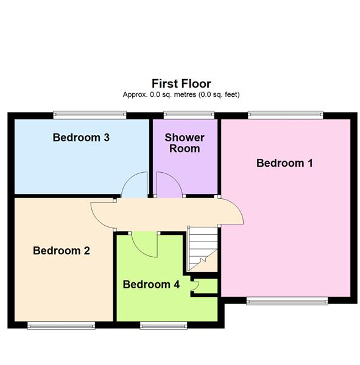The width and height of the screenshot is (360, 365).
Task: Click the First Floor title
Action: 181,84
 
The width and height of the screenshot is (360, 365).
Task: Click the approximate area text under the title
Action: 181,95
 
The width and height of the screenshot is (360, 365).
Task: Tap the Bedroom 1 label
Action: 284,163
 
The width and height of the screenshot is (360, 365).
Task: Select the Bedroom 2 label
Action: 62,251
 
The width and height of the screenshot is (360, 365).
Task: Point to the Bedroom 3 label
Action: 81,137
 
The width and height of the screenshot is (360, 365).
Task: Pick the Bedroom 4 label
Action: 151,284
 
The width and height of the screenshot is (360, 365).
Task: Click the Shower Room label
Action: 185,143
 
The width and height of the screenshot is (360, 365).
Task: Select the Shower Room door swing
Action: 168,185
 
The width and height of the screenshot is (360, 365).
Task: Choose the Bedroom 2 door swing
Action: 102,213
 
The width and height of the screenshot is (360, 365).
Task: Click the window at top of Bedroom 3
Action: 90,114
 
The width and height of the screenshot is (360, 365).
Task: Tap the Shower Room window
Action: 189,114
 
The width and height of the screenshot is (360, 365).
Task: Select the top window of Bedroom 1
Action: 285,114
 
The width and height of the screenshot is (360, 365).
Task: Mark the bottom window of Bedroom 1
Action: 286,300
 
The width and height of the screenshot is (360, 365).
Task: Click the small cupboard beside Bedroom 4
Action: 205,286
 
